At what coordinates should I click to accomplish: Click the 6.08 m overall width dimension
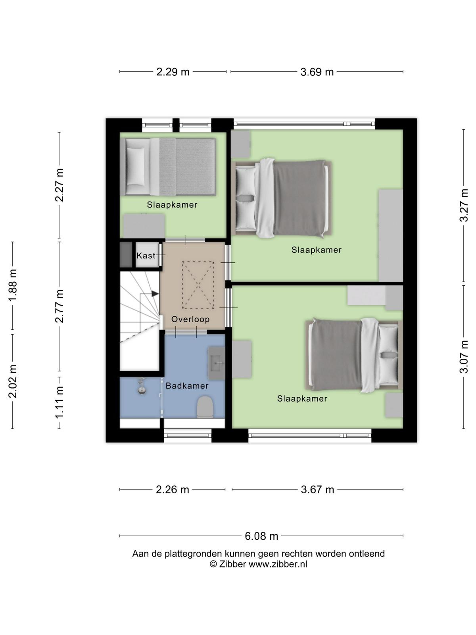[261, 536]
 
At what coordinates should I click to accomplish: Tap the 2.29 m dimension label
[173, 72]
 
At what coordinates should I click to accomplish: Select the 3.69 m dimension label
[317, 72]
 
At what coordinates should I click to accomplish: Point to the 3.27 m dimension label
[464, 205]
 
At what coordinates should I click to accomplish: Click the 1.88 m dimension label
[12, 285]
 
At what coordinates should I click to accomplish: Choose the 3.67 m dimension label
[317, 489]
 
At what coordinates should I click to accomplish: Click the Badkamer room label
[187, 386]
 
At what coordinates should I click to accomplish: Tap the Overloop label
[190, 319]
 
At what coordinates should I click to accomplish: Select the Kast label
[146, 256]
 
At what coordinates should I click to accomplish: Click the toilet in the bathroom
[205, 407]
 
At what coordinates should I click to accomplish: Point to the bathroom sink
[217, 364]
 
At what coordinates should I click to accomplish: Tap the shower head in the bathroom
[142, 386]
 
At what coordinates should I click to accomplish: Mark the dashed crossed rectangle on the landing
[198, 285]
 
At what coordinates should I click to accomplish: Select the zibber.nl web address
[278, 564]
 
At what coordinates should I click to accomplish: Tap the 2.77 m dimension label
[59, 306]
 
